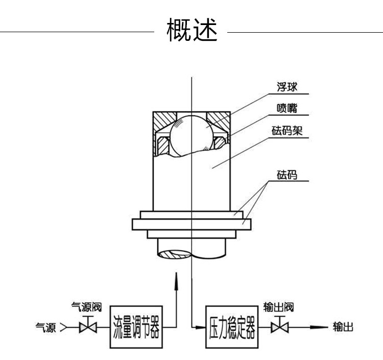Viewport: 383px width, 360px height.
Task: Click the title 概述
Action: [192, 31]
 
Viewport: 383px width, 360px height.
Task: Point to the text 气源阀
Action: [87, 307]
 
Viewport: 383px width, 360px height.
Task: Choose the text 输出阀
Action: [278, 307]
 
